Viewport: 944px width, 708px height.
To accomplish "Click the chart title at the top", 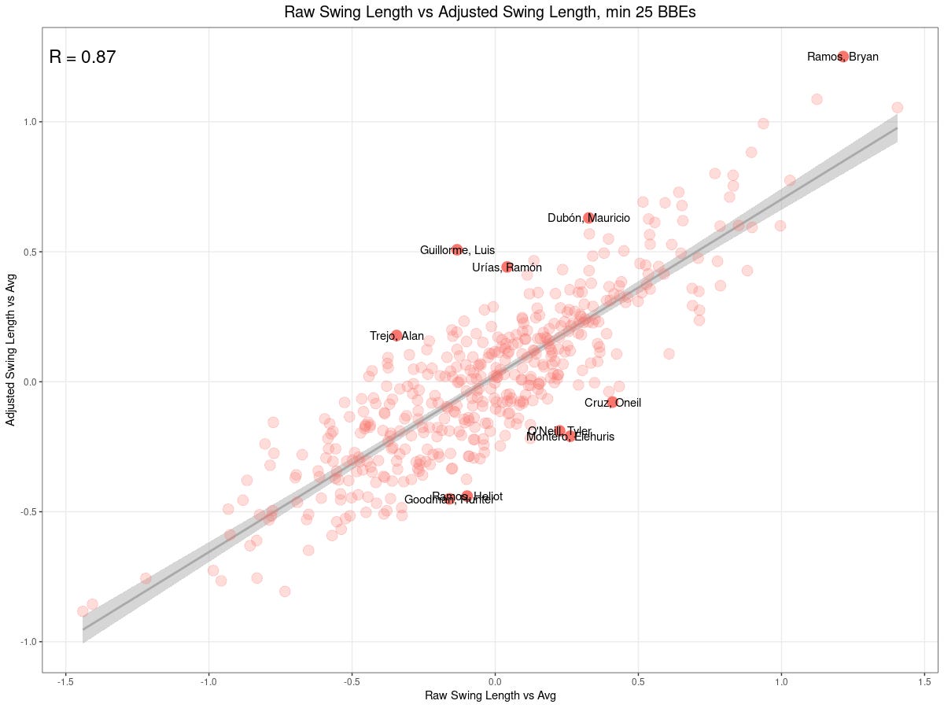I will tap(472, 13).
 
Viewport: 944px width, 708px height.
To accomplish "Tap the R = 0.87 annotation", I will tap(83, 57).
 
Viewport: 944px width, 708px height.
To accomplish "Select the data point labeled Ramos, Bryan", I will tap(843, 57).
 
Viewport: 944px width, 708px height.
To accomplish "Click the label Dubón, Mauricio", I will tap(588, 218).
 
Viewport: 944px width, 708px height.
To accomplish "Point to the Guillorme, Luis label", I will tap(457, 250).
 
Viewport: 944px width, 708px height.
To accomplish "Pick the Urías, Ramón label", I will tap(507, 267).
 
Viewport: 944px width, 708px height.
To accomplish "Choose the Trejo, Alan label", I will tap(396, 336).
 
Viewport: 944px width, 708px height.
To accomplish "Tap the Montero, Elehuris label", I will tap(570, 437).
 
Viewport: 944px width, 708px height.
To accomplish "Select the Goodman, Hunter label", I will tap(448, 500).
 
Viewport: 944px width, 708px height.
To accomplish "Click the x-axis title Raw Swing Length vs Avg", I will tap(490, 695).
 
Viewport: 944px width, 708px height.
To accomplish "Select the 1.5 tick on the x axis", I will tap(924, 681).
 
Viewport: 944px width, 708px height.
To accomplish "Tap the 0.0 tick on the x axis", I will tap(495, 681).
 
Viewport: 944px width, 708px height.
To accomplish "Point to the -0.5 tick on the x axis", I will tap(352, 681).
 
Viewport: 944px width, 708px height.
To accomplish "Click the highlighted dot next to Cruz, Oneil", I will tap(612, 402).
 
